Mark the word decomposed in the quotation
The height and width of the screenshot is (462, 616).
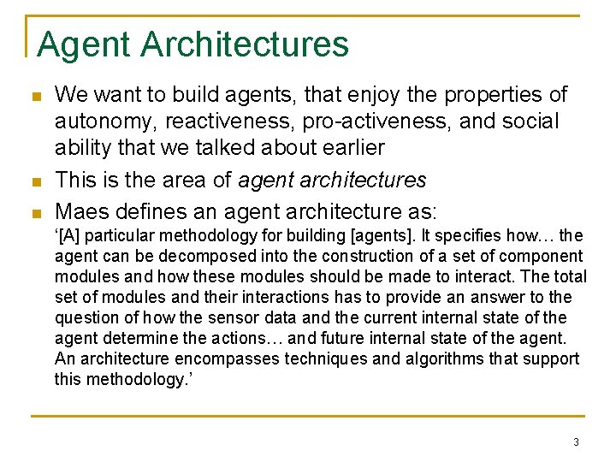coord(194,256)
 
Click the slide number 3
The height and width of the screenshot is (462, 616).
coord(576,442)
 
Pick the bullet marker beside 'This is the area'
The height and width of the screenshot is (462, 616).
coord(34,181)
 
